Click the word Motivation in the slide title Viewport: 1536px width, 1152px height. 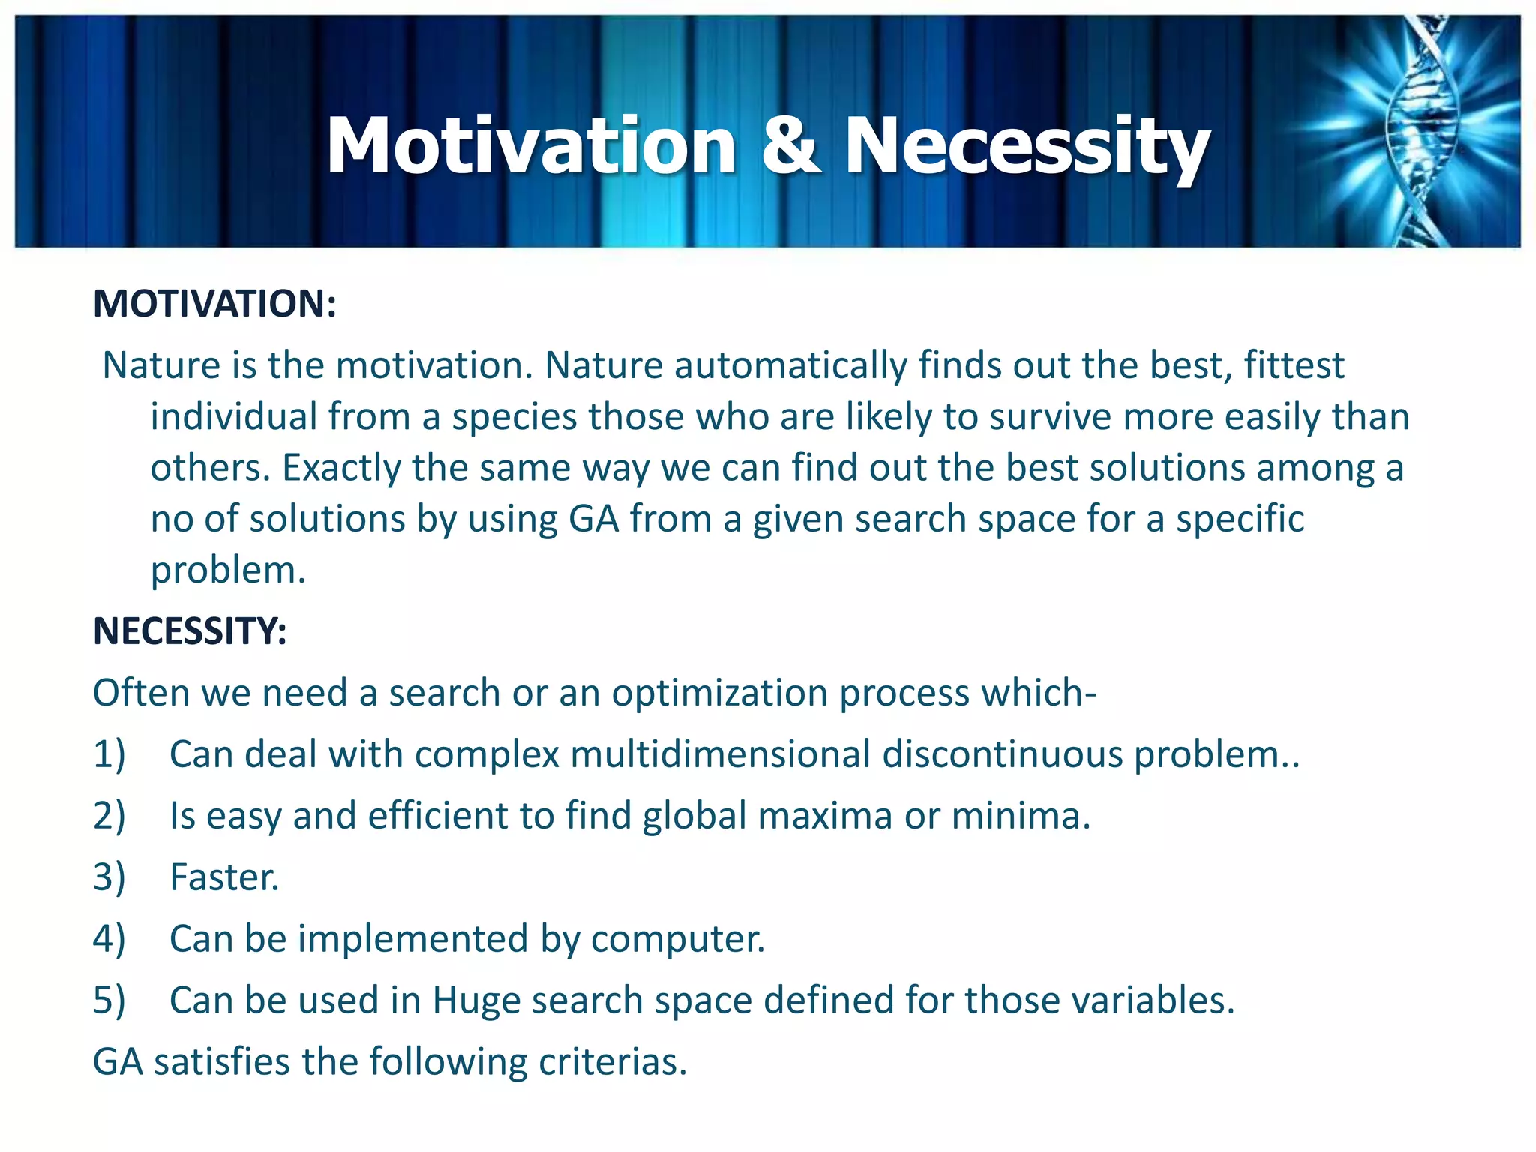[x=531, y=146]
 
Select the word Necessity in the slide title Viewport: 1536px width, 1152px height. [x=1027, y=148]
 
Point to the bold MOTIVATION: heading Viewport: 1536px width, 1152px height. [x=214, y=304]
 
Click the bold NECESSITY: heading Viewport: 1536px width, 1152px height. [x=190, y=631]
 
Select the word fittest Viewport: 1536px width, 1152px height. [x=1294, y=366]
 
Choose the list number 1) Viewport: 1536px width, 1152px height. [x=109, y=754]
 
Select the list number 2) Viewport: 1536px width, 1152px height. [x=109, y=816]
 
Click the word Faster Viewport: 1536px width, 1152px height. [x=224, y=877]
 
